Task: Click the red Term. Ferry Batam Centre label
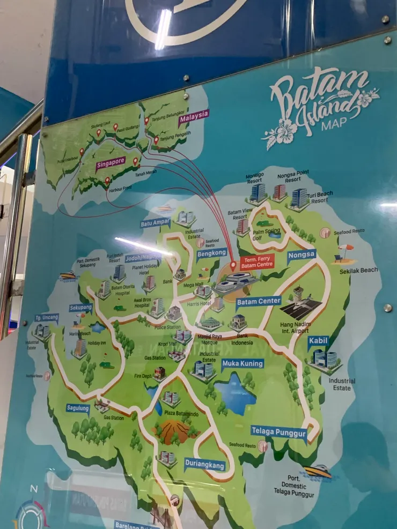click(x=256, y=262)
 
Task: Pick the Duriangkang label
click(x=204, y=464)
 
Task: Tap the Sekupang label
click(x=80, y=308)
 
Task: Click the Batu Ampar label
click(x=156, y=222)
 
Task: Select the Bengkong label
click(x=212, y=254)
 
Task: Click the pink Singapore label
click(x=111, y=163)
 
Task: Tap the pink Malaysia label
click(x=194, y=116)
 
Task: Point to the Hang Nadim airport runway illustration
click(x=300, y=308)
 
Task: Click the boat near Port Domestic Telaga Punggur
click(x=318, y=471)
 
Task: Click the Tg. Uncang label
click(x=47, y=318)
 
